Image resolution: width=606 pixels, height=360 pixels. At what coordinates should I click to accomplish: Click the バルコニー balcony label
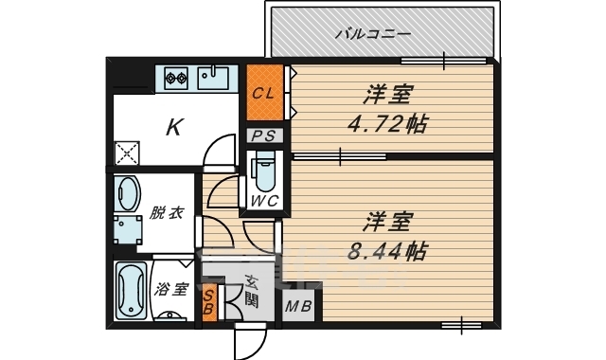click(372, 35)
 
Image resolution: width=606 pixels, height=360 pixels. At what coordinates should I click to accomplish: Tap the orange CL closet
click(264, 92)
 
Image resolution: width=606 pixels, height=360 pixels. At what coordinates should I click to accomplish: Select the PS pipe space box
click(264, 136)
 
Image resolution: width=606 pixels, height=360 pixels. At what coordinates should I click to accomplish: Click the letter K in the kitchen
click(174, 127)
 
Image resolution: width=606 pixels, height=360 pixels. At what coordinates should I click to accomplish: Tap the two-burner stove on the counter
click(176, 76)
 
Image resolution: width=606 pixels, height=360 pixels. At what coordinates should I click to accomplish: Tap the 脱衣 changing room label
click(166, 212)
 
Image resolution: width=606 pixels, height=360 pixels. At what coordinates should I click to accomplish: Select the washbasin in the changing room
click(127, 193)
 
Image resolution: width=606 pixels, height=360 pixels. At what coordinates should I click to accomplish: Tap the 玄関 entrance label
click(251, 291)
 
